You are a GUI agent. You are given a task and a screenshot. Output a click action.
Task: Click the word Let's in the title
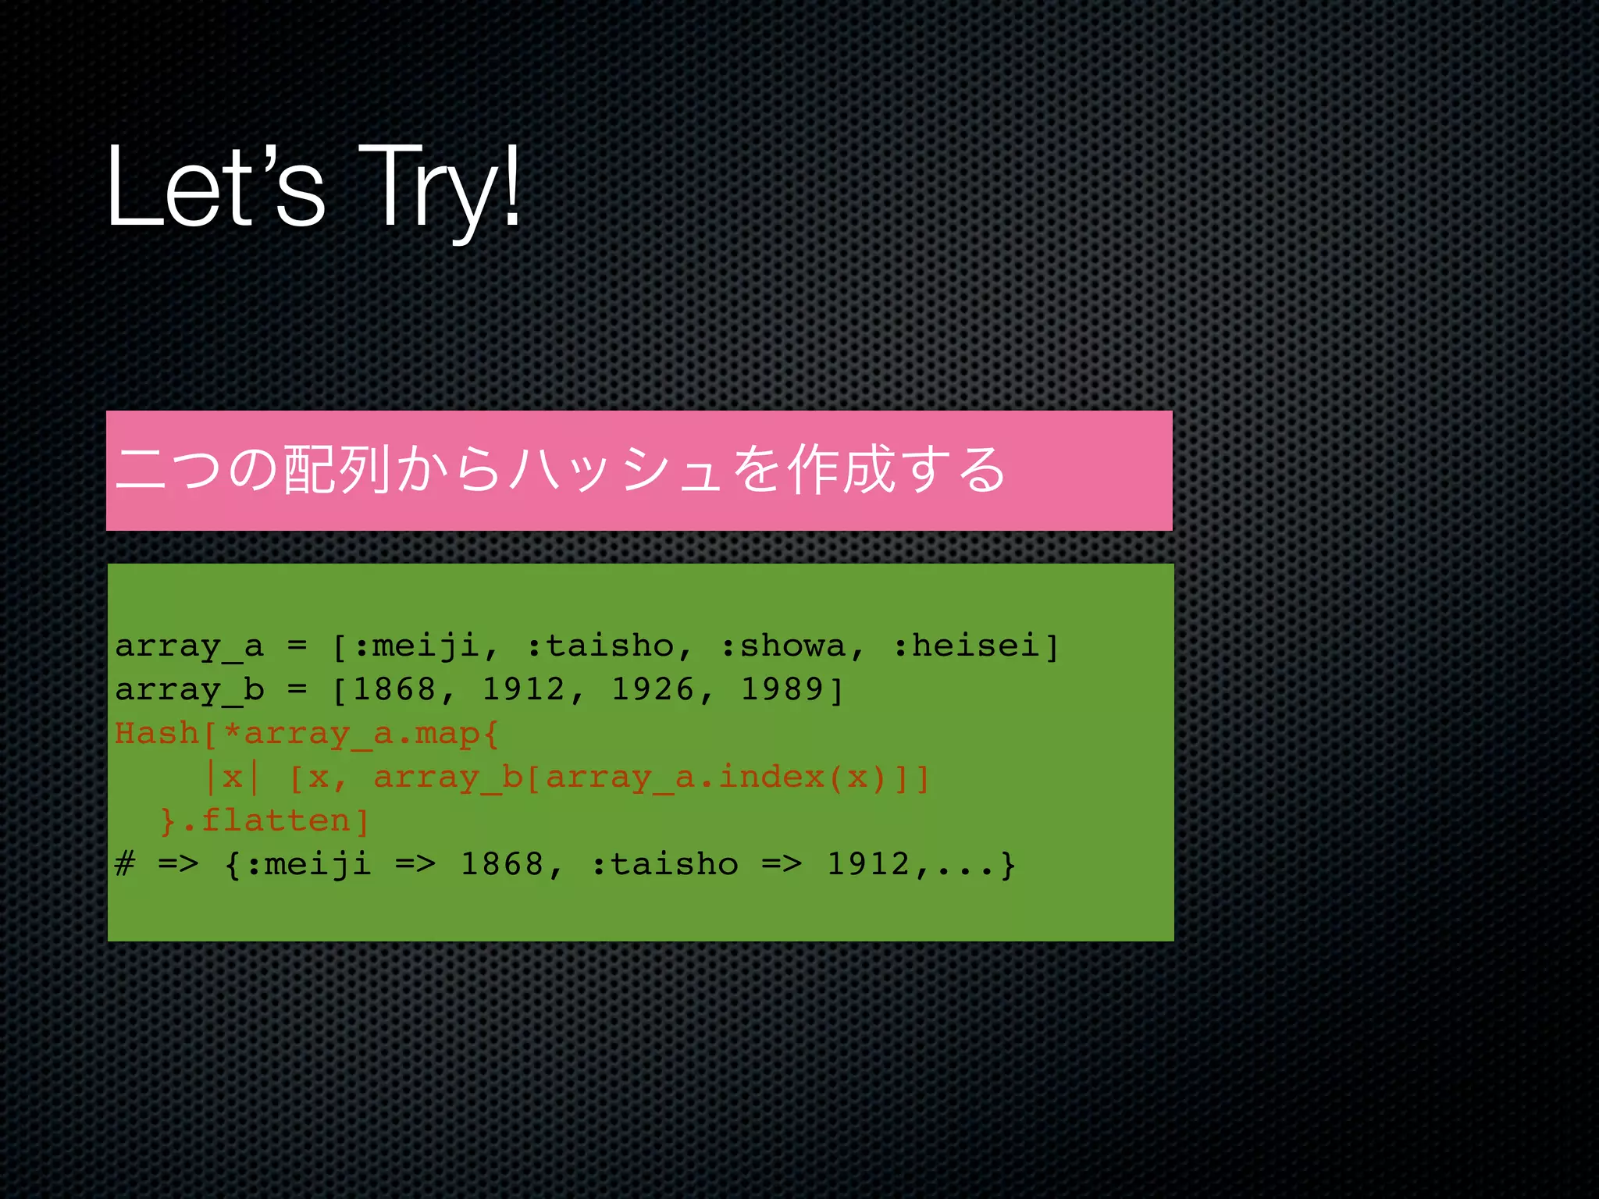click(215, 187)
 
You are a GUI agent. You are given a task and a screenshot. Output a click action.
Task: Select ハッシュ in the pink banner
click(617, 470)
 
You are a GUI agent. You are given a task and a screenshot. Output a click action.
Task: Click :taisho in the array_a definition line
click(600, 646)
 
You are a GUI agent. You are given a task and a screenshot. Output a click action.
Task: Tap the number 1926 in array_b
click(653, 690)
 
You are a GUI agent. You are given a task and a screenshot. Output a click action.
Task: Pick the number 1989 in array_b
click(782, 690)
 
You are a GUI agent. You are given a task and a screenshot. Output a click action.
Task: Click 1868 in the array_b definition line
click(394, 690)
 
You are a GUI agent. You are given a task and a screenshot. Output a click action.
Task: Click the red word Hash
click(157, 734)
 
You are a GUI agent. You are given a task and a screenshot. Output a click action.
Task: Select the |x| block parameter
click(233, 777)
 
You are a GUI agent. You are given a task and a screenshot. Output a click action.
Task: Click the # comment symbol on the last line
click(125, 865)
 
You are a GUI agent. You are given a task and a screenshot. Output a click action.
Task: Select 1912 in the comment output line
click(868, 865)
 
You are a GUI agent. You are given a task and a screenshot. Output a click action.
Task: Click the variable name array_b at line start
click(190, 690)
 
